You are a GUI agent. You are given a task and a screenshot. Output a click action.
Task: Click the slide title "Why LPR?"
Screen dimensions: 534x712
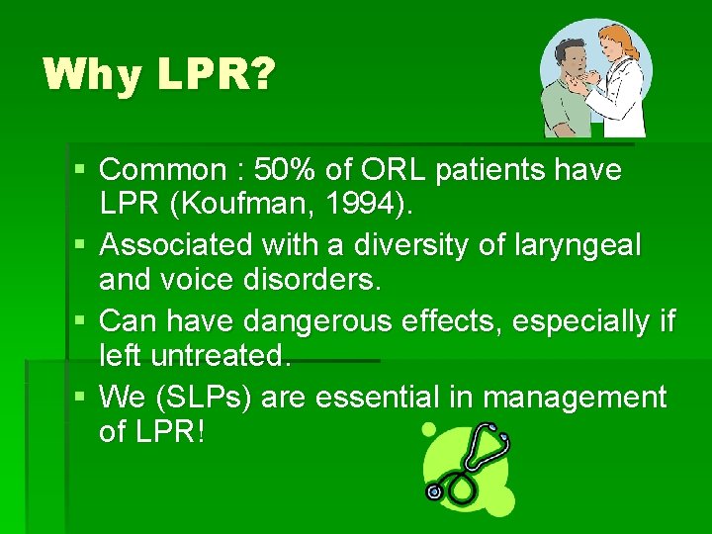point(158,75)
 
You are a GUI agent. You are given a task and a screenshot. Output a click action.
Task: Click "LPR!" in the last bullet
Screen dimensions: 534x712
point(171,433)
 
